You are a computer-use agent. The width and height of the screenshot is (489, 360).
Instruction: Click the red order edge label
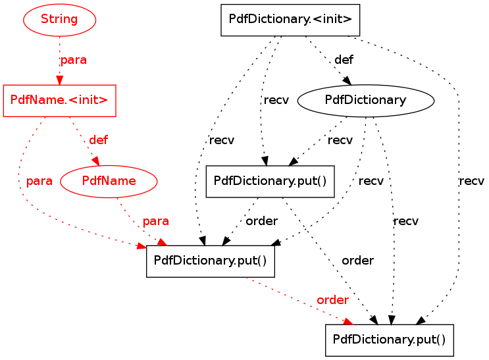332,300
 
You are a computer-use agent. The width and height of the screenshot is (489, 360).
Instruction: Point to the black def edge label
344,59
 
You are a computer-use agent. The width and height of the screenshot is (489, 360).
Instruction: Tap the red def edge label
98,140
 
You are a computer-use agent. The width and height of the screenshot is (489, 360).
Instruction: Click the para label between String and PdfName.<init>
73,60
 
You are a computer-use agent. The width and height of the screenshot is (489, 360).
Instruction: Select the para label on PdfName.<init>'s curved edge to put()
39,181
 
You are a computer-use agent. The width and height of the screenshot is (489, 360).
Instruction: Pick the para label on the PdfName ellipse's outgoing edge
155,221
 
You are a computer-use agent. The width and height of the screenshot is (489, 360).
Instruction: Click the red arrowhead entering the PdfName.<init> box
60,80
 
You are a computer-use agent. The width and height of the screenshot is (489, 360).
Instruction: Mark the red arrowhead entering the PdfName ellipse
96,161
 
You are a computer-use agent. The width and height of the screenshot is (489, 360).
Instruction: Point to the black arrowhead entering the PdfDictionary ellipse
347,80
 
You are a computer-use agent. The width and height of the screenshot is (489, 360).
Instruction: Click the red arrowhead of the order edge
349,321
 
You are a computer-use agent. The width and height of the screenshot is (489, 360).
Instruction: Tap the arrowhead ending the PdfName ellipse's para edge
162,242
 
